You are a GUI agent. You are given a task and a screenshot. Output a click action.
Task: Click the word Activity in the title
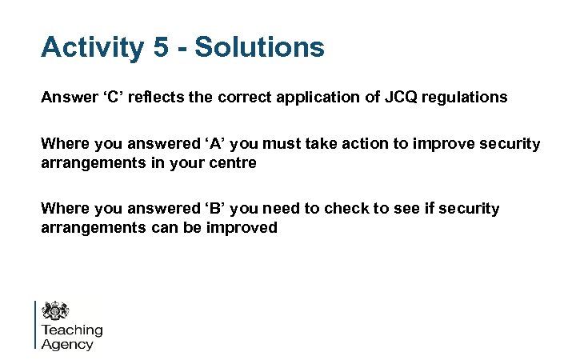[x=90, y=47]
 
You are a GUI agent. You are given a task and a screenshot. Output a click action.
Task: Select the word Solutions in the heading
[x=260, y=47]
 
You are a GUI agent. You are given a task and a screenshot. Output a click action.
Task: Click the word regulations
[x=467, y=98]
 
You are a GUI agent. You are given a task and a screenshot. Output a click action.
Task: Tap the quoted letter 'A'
[x=178, y=145]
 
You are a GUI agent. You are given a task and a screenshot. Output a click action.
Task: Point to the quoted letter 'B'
[x=178, y=209]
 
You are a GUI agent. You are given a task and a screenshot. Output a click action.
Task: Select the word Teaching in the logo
[x=72, y=330]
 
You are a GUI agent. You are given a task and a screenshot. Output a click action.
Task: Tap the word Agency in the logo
[x=67, y=345]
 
